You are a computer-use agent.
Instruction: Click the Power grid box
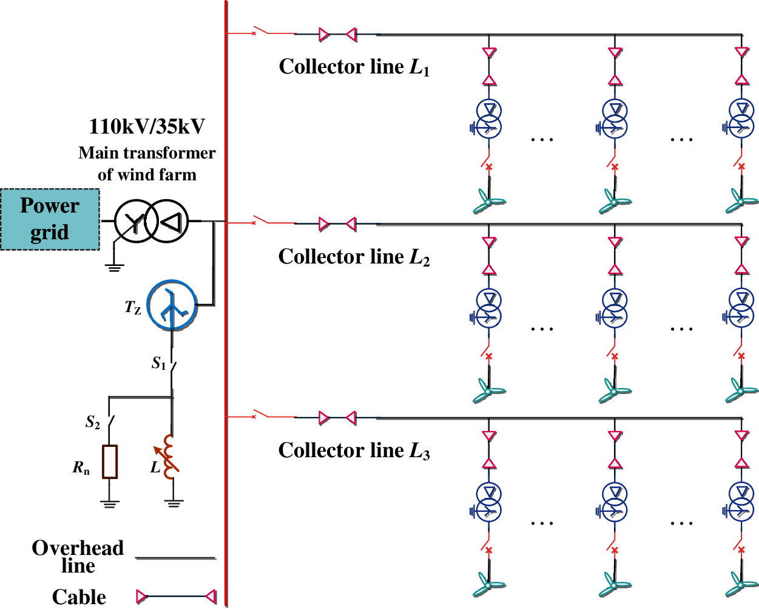click(x=50, y=219)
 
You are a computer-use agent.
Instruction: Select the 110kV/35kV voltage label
click(x=147, y=126)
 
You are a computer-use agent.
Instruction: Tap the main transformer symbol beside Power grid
click(x=152, y=222)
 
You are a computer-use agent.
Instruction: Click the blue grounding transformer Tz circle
click(x=172, y=305)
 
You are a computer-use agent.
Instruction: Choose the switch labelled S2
click(x=110, y=421)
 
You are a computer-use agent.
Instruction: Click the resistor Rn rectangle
click(x=110, y=461)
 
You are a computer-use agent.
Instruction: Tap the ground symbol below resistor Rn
click(x=110, y=503)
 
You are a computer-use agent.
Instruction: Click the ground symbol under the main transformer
click(x=113, y=266)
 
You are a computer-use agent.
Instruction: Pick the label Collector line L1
click(x=354, y=67)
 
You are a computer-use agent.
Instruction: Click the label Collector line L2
click(x=354, y=257)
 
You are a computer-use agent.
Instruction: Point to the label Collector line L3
click(x=354, y=451)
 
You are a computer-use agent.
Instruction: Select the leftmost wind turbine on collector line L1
click(x=488, y=200)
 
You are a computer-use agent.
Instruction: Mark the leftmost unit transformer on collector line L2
click(x=488, y=308)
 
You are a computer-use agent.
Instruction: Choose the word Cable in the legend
click(x=79, y=597)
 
